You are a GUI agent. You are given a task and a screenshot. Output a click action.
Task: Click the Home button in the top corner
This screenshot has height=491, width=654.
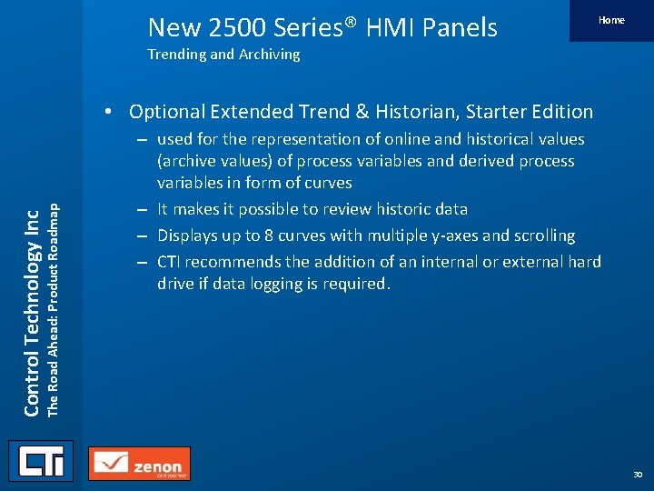(611, 20)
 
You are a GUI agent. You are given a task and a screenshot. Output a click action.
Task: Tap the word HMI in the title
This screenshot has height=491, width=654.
(378, 27)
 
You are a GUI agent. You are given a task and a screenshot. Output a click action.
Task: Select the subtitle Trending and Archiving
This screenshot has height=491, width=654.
(223, 55)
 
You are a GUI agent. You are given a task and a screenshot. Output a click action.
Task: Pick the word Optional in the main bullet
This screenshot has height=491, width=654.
(166, 112)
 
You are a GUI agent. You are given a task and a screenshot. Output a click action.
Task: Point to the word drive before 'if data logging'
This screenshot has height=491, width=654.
(179, 284)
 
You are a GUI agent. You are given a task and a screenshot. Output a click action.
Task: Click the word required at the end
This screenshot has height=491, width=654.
(361, 284)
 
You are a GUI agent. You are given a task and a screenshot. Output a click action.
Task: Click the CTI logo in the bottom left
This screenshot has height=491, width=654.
(40, 461)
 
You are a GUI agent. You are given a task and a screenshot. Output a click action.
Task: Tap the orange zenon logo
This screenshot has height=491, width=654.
(140, 464)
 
